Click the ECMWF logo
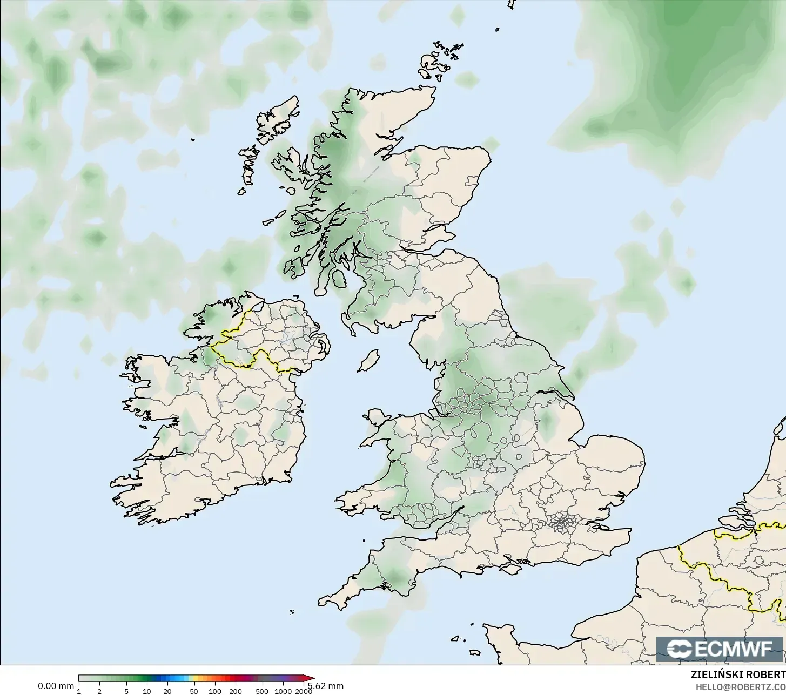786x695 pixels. click(721, 649)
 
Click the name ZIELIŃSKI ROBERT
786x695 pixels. click(738, 674)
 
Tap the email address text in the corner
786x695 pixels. click(740, 687)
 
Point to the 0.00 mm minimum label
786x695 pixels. click(56, 686)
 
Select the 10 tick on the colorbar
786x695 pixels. click(146, 691)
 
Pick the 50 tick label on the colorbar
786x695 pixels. click(194, 691)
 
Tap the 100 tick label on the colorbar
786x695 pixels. click(214, 691)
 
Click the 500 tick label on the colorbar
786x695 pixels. click(262, 691)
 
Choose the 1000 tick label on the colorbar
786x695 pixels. click(283, 691)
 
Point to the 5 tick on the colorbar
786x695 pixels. click(126, 691)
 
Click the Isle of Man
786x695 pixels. click(368, 360)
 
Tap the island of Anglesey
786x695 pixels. click(378, 420)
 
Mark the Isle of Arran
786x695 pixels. click(340, 279)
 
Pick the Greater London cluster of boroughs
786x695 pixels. click(563, 522)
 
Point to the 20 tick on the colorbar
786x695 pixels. click(167, 691)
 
